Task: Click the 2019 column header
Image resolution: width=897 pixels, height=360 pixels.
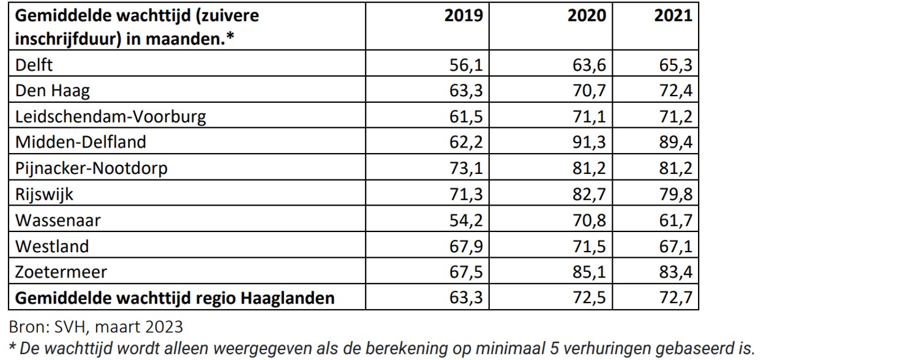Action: click(x=464, y=15)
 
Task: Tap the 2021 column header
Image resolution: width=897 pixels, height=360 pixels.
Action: click(x=674, y=15)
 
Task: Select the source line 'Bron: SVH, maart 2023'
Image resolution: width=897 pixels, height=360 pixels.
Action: click(x=95, y=324)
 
